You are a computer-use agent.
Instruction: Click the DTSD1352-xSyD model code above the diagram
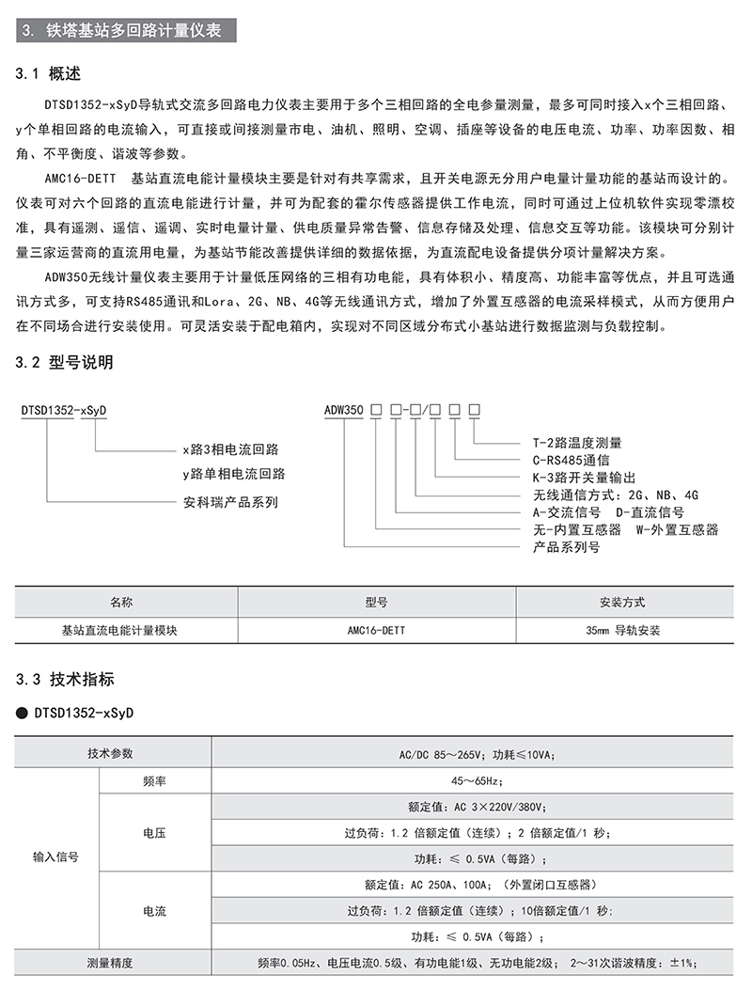63,410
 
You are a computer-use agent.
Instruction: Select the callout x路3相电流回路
229,449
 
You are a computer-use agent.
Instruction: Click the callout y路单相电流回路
233,473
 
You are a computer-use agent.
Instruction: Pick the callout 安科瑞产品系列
229,501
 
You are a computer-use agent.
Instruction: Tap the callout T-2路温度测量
577,443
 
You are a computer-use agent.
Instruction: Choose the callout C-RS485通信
572,460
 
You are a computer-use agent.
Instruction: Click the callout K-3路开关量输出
584,477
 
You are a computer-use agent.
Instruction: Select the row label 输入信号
55,857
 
